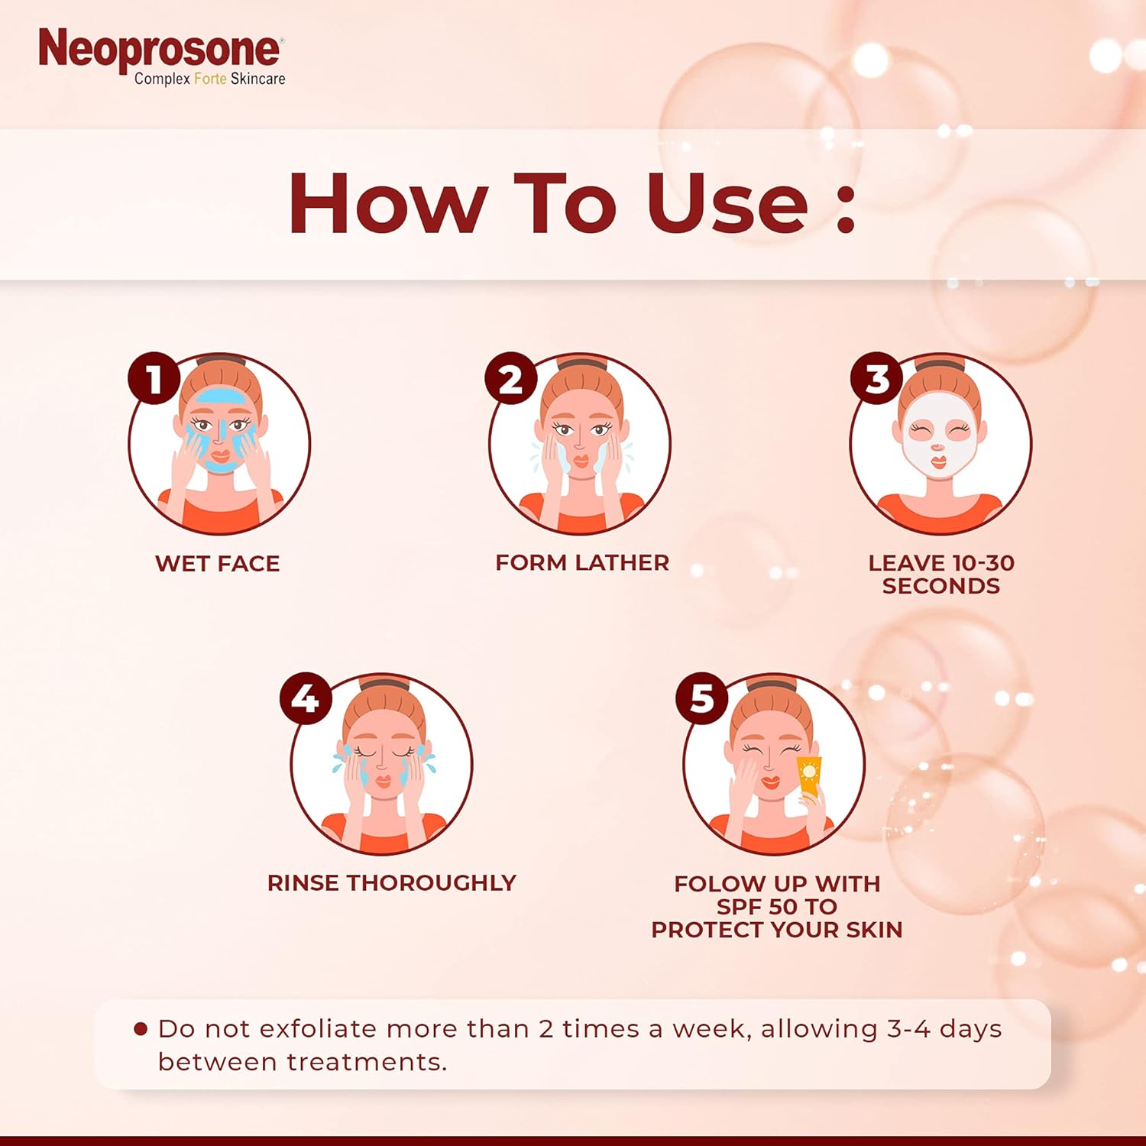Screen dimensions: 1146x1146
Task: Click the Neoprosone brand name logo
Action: pos(160,49)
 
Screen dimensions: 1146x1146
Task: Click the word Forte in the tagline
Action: pos(210,79)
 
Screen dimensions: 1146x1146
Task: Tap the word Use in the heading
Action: pos(727,202)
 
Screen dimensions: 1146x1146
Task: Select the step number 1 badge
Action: pos(154,378)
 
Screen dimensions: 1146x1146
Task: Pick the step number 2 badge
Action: pos(511,378)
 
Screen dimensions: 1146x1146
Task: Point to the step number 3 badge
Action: pos(877,378)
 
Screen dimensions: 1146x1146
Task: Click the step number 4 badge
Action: pos(306,698)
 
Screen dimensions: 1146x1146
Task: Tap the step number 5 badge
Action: pos(701,698)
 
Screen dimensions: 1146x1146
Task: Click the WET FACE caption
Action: pos(218,564)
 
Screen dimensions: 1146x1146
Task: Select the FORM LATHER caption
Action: pos(582,563)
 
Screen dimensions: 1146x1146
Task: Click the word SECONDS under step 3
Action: pos(941,586)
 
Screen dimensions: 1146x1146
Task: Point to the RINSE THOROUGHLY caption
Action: pos(392,883)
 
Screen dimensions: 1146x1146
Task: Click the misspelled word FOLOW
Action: pos(720,884)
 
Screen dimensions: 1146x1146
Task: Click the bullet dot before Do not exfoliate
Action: pos(140,1029)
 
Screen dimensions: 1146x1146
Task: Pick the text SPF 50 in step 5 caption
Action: pos(757,907)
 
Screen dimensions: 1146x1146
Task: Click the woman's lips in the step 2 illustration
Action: pos(581,462)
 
